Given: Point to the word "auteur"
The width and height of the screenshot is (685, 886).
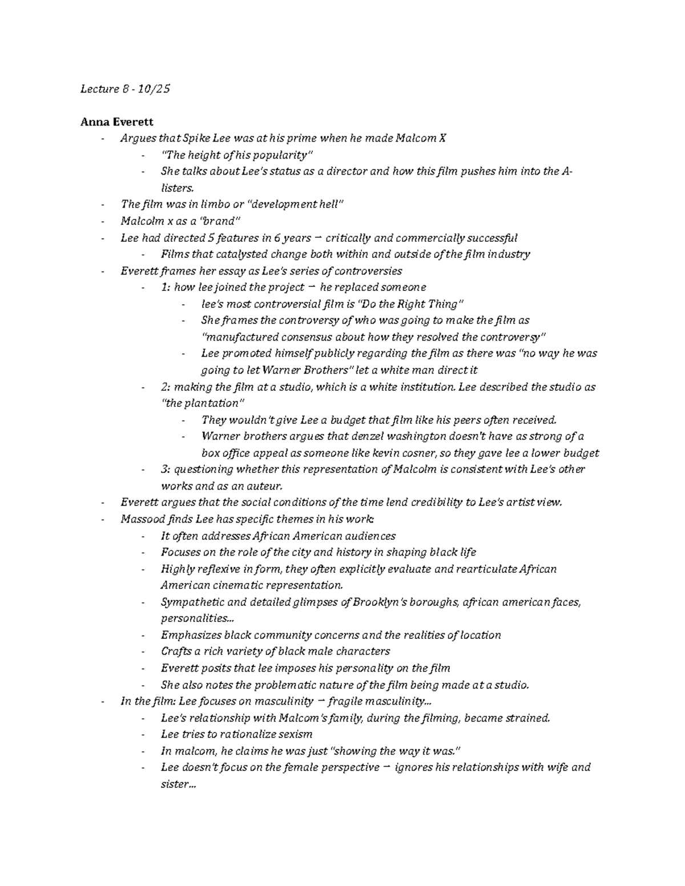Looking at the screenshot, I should pos(263,486).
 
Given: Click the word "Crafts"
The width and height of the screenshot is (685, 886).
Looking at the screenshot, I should pos(176,651).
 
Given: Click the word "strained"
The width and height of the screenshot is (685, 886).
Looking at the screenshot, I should pos(528,718).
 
